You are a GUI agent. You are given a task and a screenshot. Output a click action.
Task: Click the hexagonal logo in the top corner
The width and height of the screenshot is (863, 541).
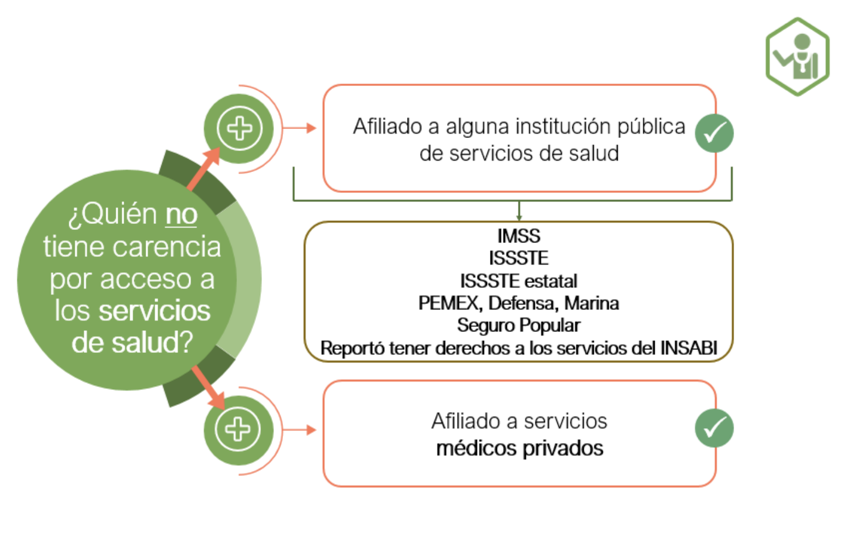point(797,57)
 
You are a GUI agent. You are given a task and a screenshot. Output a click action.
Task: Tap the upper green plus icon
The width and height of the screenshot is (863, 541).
point(239,128)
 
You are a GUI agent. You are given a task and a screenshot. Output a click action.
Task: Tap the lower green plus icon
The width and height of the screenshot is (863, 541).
point(238,429)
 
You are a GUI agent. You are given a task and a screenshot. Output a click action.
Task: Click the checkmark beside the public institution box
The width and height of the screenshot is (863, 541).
point(714,133)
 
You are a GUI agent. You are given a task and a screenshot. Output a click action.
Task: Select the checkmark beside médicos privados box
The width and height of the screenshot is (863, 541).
point(714,428)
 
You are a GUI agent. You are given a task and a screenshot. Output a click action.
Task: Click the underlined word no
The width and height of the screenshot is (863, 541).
point(181,214)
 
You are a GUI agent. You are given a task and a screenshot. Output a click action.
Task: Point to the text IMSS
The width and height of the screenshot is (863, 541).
point(519,236)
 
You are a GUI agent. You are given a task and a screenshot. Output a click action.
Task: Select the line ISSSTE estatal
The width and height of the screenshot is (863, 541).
point(519,281)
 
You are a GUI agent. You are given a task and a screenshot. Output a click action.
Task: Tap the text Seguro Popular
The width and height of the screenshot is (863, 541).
point(519,325)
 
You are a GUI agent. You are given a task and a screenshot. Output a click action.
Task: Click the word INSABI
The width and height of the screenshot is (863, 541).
point(688,348)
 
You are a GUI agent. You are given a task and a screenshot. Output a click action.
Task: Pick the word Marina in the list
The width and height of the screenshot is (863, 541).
point(591,303)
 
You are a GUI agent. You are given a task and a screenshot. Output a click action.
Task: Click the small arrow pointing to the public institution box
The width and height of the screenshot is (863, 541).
point(310,128)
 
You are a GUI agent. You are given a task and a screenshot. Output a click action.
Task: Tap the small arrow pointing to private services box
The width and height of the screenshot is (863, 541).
point(310,430)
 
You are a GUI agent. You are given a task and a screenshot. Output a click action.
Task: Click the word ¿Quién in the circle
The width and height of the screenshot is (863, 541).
point(113,214)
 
